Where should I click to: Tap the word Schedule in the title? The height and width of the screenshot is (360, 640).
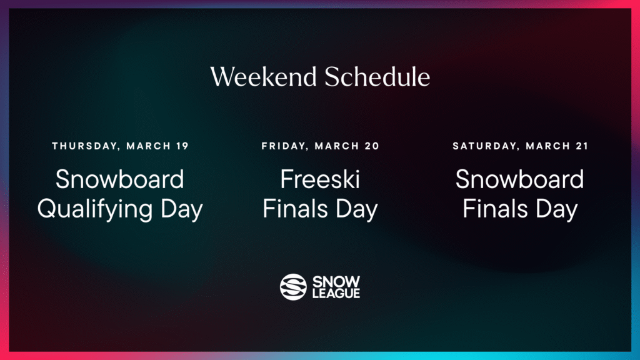(x=377, y=77)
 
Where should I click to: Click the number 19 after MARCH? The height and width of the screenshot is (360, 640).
(x=182, y=146)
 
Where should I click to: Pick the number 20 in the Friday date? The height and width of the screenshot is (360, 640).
(x=372, y=146)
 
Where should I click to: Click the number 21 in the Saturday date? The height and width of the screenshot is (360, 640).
(x=582, y=146)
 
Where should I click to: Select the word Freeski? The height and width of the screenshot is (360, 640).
(x=320, y=180)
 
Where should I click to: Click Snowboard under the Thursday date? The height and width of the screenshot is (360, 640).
(x=120, y=180)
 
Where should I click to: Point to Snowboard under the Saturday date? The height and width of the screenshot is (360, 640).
(x=519, y=180)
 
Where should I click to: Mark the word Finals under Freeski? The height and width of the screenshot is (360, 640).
(x=296, y=209)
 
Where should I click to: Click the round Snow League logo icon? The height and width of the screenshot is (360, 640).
(x=293, y=287)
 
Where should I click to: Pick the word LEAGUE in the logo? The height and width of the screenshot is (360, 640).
(x=336, y=293)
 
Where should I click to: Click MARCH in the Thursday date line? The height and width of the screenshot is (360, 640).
(x=149, y=146)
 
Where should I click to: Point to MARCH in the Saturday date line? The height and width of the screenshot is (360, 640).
(x=549, y=146)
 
